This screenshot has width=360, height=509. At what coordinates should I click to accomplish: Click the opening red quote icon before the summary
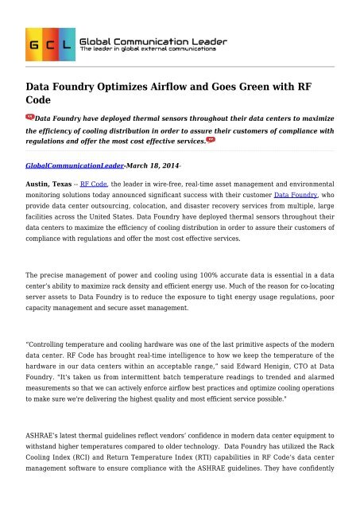(29, 116)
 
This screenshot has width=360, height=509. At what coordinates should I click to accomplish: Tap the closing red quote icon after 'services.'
(211, 140)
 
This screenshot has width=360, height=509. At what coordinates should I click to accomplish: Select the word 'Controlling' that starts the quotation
(53, 341)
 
